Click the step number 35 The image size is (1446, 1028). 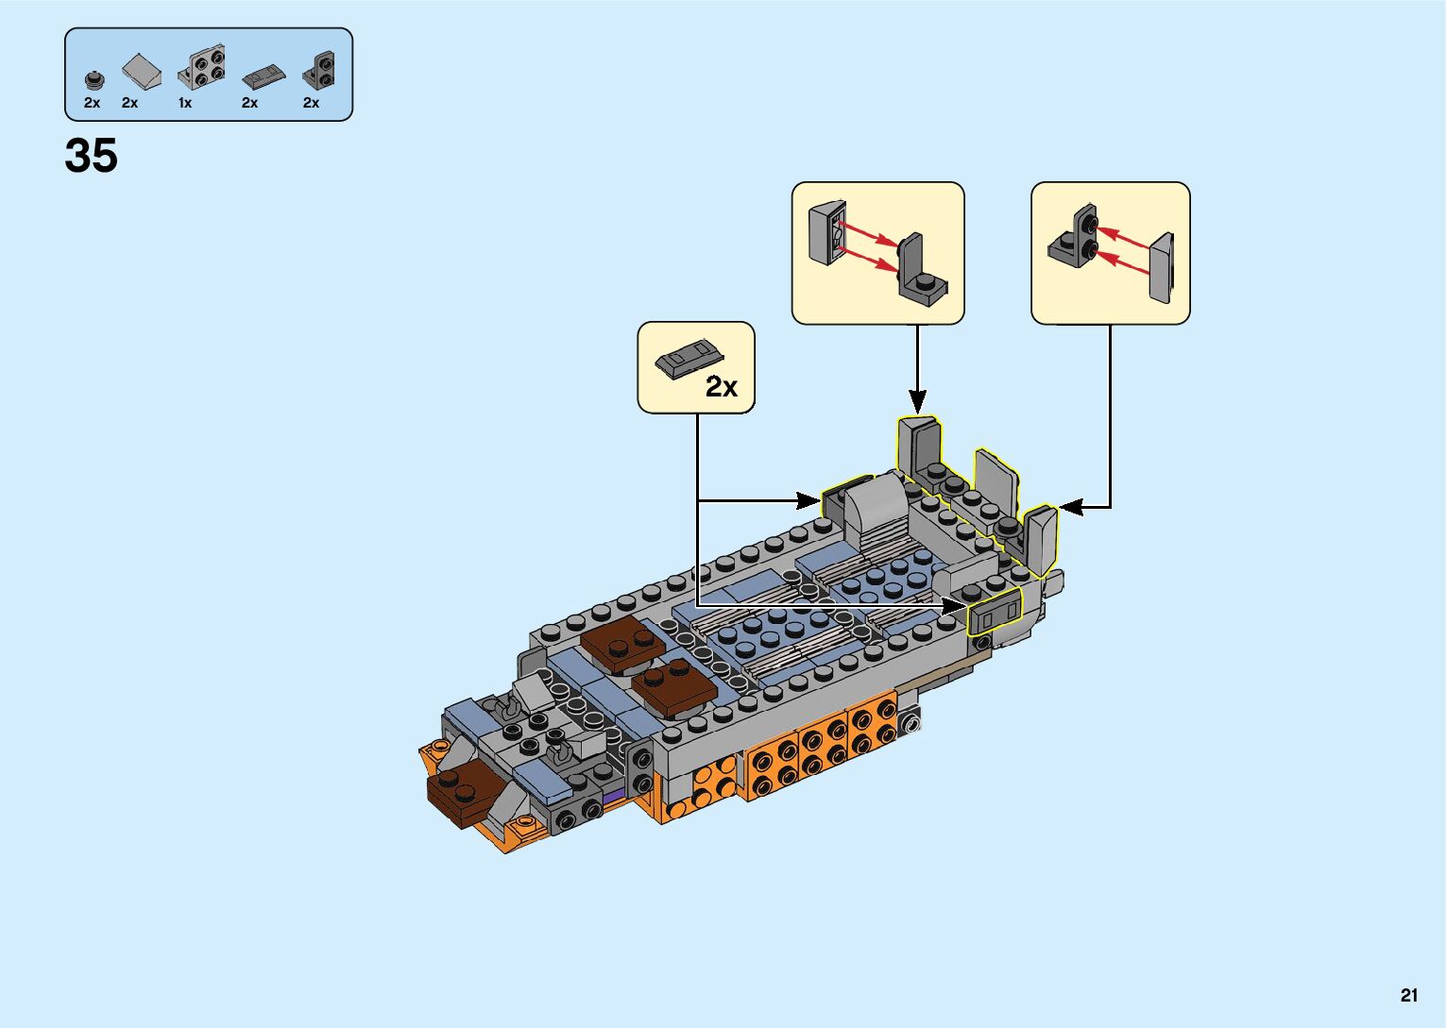[x=91, y=156]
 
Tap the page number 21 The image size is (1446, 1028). [x=1409, y=995]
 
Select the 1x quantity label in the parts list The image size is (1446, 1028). [x=185, y=103]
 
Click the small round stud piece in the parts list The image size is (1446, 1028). [x=94, y=79]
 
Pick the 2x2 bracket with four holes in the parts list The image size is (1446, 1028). [x=202, y=68]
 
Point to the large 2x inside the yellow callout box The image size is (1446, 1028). [x=721, y=386]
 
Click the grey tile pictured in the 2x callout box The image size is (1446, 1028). [x=689, y=358]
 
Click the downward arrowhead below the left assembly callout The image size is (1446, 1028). [x=917, y=400]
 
